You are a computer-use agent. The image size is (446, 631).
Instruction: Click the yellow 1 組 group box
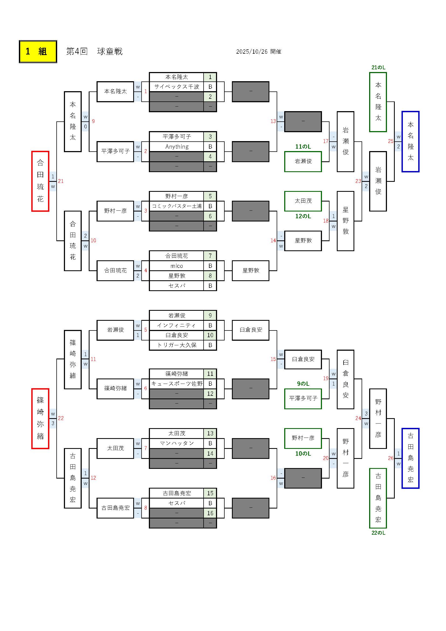click(x=38, y=52)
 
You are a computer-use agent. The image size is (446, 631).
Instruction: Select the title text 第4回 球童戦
click(x=94, y=52)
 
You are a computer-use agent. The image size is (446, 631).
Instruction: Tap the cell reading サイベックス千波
click(x=177, y=87)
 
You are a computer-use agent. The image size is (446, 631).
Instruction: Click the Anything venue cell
click(x=177, y=147)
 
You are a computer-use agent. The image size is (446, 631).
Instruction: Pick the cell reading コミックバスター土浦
click(x=177, y=206)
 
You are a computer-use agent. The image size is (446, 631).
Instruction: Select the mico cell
click(x=177, y=266)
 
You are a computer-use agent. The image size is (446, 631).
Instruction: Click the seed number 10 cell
click(x=210, y=335)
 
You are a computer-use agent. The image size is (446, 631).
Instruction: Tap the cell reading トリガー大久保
click(x=177, y=345)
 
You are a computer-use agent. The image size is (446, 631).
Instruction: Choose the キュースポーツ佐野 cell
click(x=177, y=384)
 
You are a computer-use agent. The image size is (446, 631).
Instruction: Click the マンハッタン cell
click(x=177, y=443)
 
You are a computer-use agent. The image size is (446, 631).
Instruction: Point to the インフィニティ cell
click(x=177, y=325)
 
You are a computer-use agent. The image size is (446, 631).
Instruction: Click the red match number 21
click(x=61, y=181)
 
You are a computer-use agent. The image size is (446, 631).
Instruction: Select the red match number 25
click(x=390, y=141)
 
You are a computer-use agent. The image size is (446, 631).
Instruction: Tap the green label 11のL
click(x=303, y=147)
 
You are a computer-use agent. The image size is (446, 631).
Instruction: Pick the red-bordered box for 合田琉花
click(x=40, y=181)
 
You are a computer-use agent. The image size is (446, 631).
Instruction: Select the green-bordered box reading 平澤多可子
click(x=303, y=398)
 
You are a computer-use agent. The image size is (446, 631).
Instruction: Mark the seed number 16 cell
click(x=210, y=513)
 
